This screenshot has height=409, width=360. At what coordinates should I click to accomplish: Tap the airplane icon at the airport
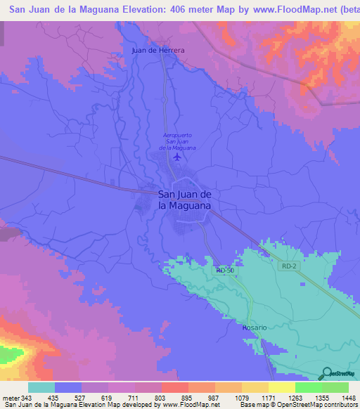click(176, 156)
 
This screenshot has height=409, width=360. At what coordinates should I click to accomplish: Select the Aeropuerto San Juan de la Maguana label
click(176, 141)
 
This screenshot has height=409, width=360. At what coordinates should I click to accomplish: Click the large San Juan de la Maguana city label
click(185, 200)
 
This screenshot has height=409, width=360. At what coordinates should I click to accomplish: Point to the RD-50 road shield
click(224, 270)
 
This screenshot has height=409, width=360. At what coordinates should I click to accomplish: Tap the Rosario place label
click(255, 327)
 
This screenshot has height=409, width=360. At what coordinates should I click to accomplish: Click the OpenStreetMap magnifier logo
click(326, 373)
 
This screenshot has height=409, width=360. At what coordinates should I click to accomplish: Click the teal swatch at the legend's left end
click(41, 387)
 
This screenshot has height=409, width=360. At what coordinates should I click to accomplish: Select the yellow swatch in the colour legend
click(282, 387)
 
